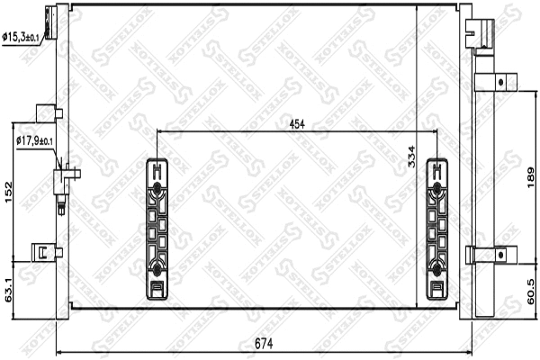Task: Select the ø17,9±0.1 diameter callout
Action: coord(35,140)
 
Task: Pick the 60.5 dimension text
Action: coord(531,290)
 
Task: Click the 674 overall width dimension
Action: coord(261,343)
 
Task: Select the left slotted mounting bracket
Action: coord(157,229)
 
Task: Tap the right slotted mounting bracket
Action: coord(436,229)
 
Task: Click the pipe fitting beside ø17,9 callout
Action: coord(65,181)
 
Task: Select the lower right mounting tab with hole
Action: coord(493,255)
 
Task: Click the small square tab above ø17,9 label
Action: coord(45,112)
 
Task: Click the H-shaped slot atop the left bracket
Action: coord(157,169)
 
